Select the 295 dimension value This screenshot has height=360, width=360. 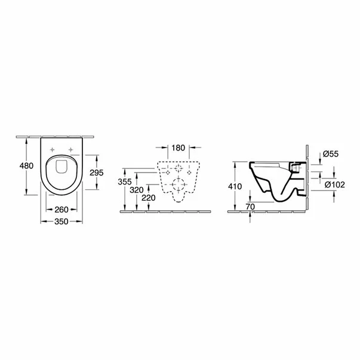(x=96, y=172)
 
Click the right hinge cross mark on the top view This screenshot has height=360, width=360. (x=71, y=149)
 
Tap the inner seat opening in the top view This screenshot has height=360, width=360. (x=61, y=168)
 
